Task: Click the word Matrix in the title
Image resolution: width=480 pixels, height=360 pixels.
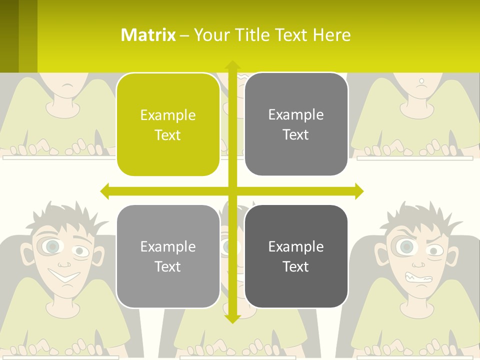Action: click(x=148, y=35)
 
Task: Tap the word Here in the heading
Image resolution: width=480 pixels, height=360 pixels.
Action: click(x=331, y=35)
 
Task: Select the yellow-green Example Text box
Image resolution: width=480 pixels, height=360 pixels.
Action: click(x=168, y=124)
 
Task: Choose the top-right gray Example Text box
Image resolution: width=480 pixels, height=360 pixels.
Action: click(x=296, y=124)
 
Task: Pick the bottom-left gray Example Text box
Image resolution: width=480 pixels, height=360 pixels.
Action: click(x=168, y=256)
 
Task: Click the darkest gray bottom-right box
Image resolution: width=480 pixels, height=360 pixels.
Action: click(x=296, y=256)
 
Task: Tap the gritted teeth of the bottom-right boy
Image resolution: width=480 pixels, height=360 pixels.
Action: click(x=418, y=276)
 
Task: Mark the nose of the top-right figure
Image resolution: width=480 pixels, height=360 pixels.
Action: click(x=421, y=80)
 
